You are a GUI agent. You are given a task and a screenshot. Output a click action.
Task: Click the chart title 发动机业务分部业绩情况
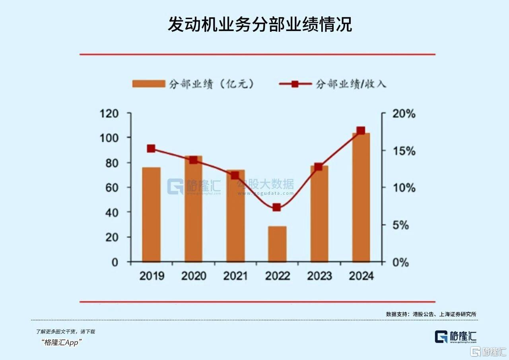tap(260, 25)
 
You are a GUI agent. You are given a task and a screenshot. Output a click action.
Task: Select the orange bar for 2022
tap(277, 244)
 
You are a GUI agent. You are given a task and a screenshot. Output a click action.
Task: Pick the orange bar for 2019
tap(152, 215)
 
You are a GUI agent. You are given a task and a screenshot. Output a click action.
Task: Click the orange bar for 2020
tap(193, 209)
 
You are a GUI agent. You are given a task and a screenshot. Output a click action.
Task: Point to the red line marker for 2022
tap(277, 207)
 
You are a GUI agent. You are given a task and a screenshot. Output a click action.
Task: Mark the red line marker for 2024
tap(361, 131)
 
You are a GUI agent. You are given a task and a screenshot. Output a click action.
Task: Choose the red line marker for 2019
tap(151, 149)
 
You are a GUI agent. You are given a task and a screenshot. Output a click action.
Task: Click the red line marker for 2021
tap(235, 175)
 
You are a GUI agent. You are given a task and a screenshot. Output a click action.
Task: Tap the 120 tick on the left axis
tap(109, 114)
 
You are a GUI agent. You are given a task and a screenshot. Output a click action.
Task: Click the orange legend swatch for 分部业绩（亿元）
tap(148, 84)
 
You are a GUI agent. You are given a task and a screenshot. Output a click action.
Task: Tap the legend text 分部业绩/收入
tap(351, 84)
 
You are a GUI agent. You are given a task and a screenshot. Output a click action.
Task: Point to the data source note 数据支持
tap(431, 314)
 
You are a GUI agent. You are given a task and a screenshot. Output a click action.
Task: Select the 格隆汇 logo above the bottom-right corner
tap(455, 337)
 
